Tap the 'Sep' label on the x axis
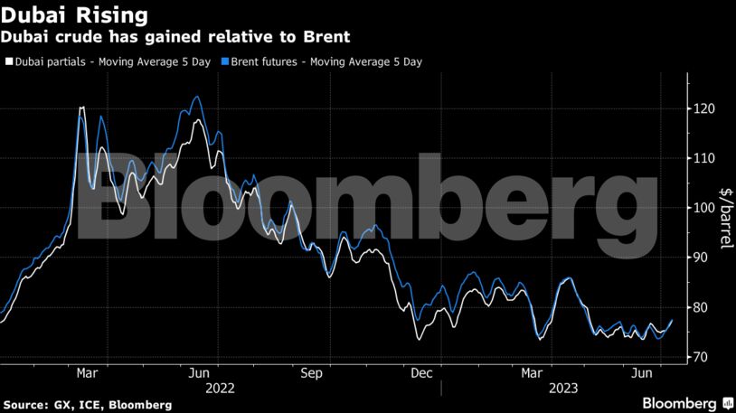coord(311,372)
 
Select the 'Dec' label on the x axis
coord(420,372)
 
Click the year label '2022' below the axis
coord(221,388)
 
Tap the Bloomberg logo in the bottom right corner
coord(687,402)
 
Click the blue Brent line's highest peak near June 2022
coord(198,98)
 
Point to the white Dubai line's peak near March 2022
coord(82,108)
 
